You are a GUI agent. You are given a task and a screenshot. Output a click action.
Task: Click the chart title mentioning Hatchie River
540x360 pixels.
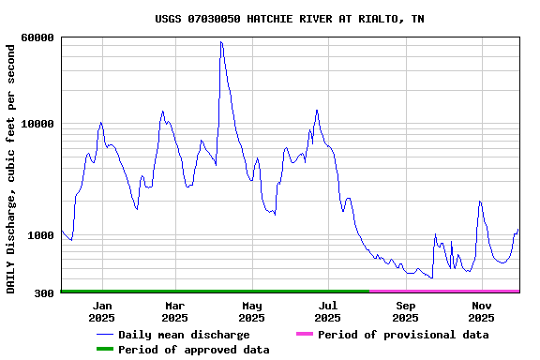pyautogui.click(x=289, y=19)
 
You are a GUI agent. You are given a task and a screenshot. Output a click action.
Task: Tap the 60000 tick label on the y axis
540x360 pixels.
pyautogui.click(x=37, y=37)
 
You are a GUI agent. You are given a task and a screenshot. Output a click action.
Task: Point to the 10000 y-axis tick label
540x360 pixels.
pyautogui.click(x=37, y=124)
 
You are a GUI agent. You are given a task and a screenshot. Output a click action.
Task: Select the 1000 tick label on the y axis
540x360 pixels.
pyautogui.click(x=40, y=235)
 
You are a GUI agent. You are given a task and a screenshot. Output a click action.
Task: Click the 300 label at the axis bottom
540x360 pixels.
pyautogui.click(x=44, y=293)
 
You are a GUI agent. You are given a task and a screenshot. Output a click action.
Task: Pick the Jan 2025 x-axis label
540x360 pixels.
pyautogui.click(x=102, y=311)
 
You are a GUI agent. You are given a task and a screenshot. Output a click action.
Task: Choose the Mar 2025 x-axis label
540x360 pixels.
pyautogui.click(x=175, y=311)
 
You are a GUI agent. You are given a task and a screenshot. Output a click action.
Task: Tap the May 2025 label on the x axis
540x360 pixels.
pyautogui.click(x=251, y=311)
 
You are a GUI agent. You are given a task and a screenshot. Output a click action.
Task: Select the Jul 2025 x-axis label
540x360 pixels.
pyautogui.click(x=328, y=311)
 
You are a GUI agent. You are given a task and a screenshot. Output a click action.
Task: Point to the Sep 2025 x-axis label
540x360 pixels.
pyautogui.click(x=405, y=311)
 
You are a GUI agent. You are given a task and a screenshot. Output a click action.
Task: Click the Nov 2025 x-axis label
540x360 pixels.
pyautogui.click(x=481, y=311)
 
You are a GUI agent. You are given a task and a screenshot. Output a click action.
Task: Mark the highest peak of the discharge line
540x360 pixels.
pyautogui.click(x=220, y=41)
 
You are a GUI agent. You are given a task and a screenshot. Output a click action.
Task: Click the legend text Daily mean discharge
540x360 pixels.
pyautogui.click(x=184, y=335)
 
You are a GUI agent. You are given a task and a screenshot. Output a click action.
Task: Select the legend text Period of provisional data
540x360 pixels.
pyautogui.click(x=403, y=335)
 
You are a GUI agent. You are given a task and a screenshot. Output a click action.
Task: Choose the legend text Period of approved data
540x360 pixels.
pyautogui.click(x=193, y=350)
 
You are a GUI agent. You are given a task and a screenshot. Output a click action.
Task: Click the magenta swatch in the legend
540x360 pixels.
pyautogui.click(x=304, y=335)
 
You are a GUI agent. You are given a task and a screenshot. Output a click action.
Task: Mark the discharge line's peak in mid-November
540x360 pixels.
pyautogui.click(x=479, y=202)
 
